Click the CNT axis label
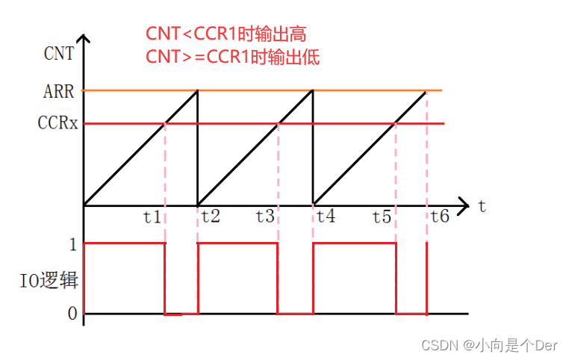pyautogui.click(x=59, y=53)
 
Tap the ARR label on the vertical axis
pyautogui.click(x=60, y=93)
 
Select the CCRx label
pyautogui.click(x=58, y=123)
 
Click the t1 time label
pyautogui.click(x=152, y=217)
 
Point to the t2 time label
pyautogui.click(x=210, y=217)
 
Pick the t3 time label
pyautogui.click(x=265, y=217)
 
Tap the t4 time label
pyautogui.click(x=326, y=217)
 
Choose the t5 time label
pyautogui.click(x=382, y=217)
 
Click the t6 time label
pyautogui.click(x=439, y=217)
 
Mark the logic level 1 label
pyautogui.click(x=72, y=243)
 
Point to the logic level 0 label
pyautogui.click(x=72, y=314)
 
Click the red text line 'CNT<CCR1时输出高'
pyautogui.click(x=226, y=34)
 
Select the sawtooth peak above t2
pyautogui.click(x=197, y=91)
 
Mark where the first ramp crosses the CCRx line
pyautogui.click(x=164, y=123)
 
